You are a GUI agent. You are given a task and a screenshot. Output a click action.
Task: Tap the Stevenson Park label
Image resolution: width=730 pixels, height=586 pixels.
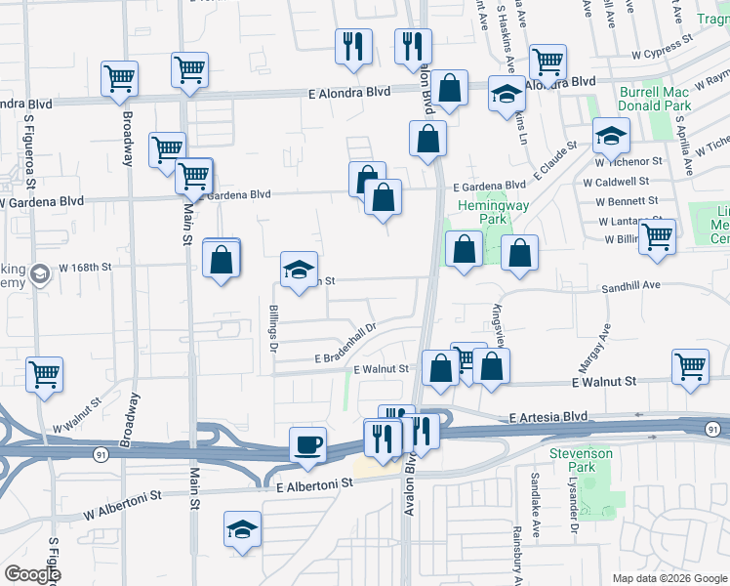click(580, 461)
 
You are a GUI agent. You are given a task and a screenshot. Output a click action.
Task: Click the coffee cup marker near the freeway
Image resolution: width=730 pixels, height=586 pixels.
click(309, 445)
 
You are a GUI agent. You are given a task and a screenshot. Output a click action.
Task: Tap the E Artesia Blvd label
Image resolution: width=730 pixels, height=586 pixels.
click(547, 416)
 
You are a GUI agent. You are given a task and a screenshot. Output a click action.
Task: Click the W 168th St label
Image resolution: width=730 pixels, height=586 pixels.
click(86, 266)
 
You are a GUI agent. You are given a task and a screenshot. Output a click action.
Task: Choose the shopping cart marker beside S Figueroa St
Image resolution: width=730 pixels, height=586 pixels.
click(45, 374)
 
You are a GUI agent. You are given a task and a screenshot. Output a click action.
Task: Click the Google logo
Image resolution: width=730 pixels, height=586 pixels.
click(32, 574)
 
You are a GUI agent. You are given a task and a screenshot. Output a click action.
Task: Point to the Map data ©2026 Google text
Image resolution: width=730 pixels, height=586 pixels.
click(669, 578)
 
